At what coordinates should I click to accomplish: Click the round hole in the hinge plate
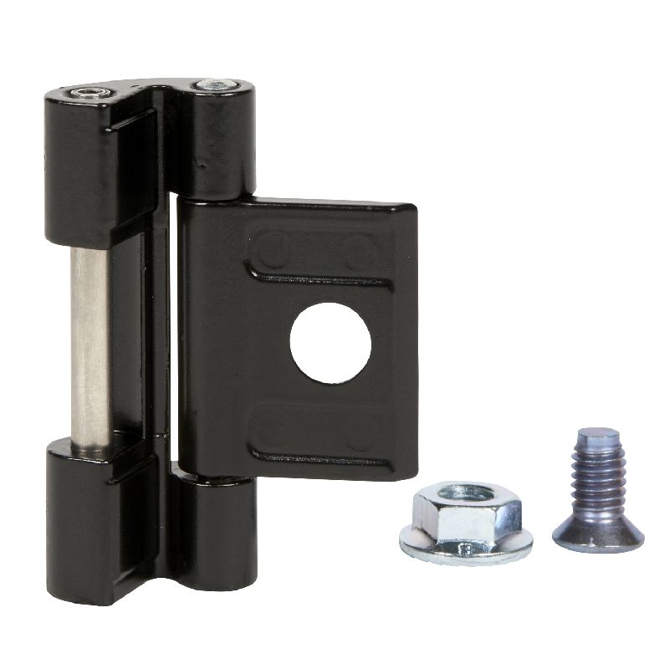pyautogui.click(x=330, y=343)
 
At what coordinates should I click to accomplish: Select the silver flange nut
pyautogui.click(x=455, y=523)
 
